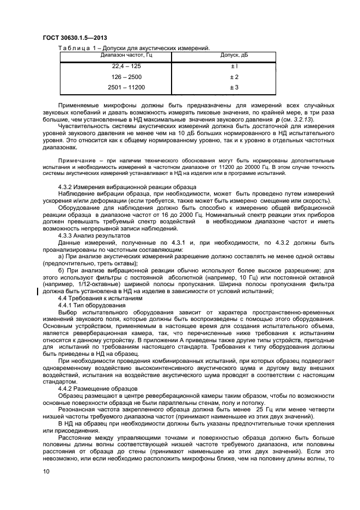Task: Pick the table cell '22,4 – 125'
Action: [x=115, y=66]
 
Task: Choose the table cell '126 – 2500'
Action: [x=115, y=77]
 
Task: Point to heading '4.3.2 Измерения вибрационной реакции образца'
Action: [x=127, y=187]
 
